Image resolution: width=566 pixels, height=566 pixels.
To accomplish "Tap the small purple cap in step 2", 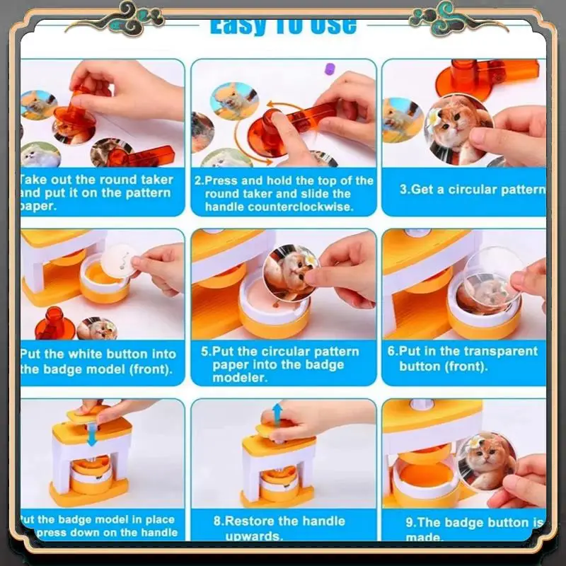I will click(x=328, y=69).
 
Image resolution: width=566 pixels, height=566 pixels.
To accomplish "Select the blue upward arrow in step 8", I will click(x=277, y=413).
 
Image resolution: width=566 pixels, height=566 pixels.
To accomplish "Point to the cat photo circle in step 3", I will click(x=457, y=128).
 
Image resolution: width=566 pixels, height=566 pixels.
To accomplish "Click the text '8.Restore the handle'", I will click(x=278, y=521).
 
